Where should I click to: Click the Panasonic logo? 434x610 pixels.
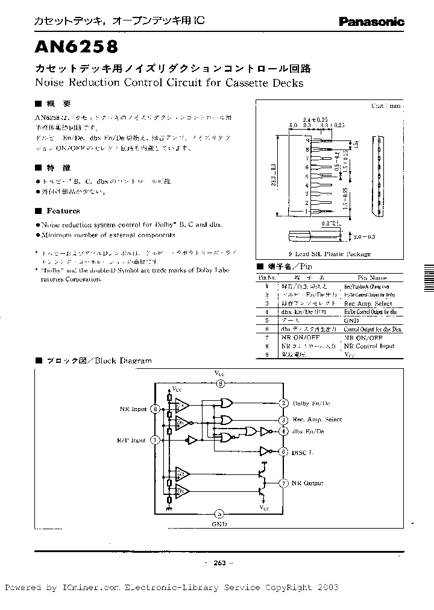[x=371, y=22]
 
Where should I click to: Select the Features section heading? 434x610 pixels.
[x=63, y=211]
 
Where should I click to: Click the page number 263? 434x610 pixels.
[x=219, y=563]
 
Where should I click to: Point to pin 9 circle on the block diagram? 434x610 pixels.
[x=221, y=383]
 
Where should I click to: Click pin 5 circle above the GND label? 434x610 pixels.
[x=220, y=514]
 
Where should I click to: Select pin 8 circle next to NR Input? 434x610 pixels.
[x=156, y=409]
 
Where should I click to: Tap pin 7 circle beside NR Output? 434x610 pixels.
[x=283, y=483]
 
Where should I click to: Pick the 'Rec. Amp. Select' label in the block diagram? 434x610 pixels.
[x=317, y=420]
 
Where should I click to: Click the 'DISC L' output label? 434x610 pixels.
[x=304, y=451]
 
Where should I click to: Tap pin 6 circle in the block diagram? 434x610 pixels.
[x=283, y=451]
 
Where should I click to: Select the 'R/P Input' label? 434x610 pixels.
[x=132, y=440]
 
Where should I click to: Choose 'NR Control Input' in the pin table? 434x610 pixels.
[x=369, y=346]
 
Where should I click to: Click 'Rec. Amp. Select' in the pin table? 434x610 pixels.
[x=367, y=304]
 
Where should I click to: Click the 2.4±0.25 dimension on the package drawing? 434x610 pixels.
[x=315, y=119]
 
